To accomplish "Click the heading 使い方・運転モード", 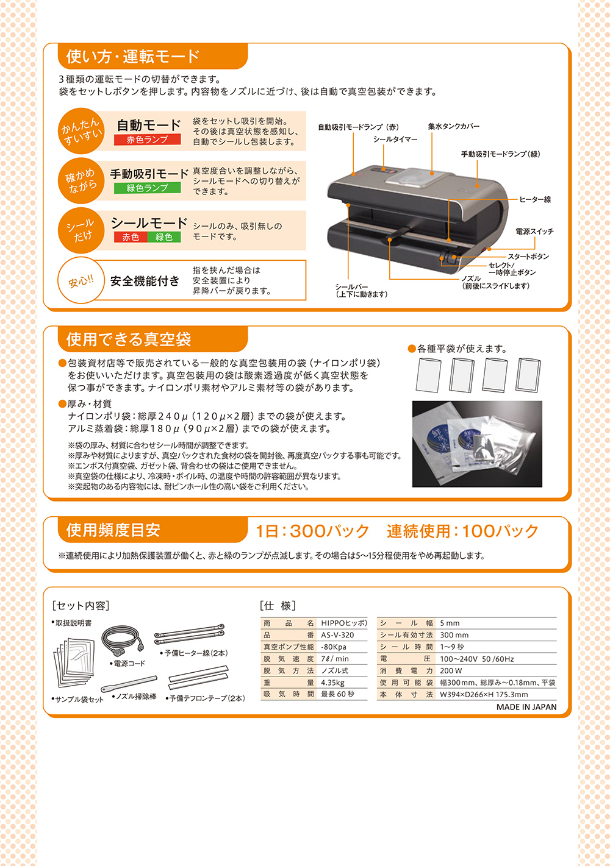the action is (133, 57).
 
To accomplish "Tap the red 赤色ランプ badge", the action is (147, 140).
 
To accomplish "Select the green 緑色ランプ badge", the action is (147, 188).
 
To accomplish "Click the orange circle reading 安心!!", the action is (81, 281).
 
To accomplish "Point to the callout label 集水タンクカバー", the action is (454, 126).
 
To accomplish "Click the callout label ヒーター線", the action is (535, 199).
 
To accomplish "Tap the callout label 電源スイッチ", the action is (534, 231).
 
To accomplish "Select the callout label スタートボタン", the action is (528, 257).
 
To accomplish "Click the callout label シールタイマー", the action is (395, 139).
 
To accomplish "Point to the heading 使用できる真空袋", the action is (129, 339).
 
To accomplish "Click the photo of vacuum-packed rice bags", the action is (477, 444).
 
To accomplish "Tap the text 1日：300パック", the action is (312, 531).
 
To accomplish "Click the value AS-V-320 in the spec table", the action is (337, 635).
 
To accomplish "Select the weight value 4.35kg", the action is (332, 683).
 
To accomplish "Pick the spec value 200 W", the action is (451, 670).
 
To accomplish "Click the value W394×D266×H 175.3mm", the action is (484, 694).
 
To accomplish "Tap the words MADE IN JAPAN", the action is (526, 707).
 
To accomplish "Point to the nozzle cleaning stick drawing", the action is (129, 684).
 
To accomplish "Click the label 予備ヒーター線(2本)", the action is (194, 653).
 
